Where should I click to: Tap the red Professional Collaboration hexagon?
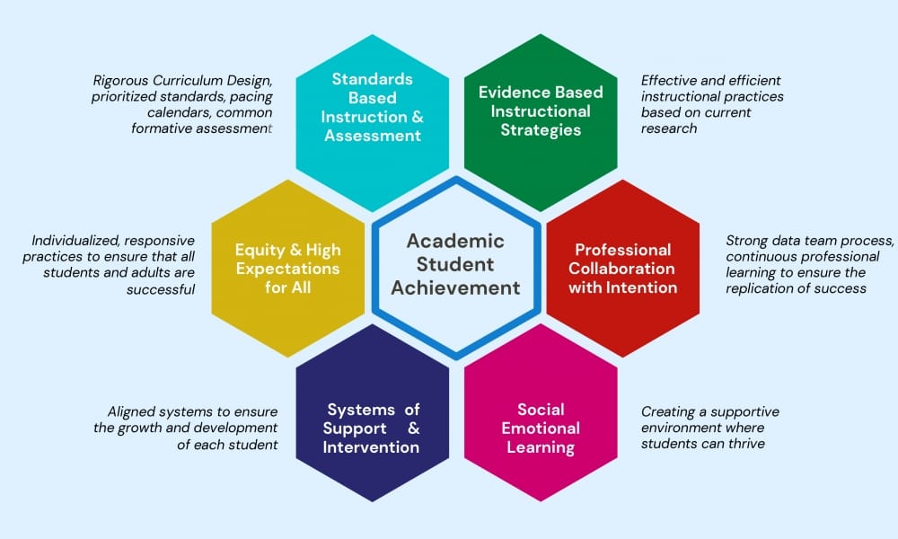(623, 268)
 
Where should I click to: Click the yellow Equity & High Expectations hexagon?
(287, 268)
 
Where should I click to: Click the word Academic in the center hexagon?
(455, 241)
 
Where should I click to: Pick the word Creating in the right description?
(668, 411)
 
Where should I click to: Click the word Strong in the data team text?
(749, 240)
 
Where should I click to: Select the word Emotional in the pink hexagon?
(541, 428)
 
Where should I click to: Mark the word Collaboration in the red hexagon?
(623, 268)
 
